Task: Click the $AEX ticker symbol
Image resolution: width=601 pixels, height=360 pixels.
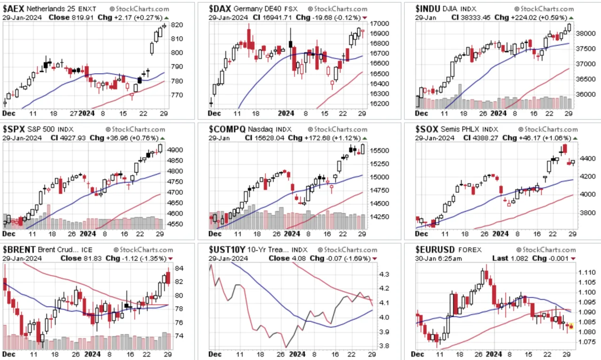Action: pos(14,9)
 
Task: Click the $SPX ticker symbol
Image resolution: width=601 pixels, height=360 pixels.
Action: pos(14,129)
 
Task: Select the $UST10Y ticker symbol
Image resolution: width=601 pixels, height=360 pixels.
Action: pos(227,250)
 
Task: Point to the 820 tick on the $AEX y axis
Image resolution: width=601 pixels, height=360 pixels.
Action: pos(177,25)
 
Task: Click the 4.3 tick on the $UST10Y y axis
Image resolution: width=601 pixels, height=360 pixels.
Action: pos(384,275)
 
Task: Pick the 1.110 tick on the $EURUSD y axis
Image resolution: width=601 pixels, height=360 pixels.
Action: pos(587,273)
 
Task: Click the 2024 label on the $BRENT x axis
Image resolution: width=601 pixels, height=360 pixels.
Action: pos(92,354)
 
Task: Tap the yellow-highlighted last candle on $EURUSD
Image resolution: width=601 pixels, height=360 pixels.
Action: pos(571,326)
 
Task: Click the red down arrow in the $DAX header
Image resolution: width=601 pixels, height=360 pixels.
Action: pos(365,18)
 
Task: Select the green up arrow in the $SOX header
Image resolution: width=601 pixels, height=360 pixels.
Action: pos(575,138)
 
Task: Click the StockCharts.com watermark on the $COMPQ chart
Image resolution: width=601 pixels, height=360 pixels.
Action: pos(337,130)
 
